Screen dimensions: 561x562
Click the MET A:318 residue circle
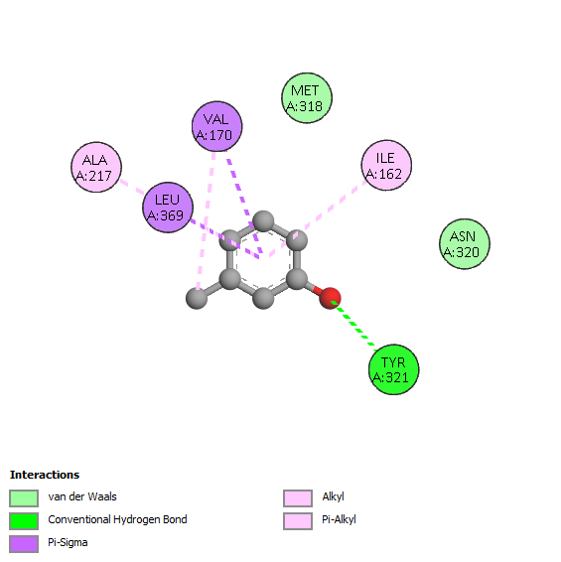tap(307, 98)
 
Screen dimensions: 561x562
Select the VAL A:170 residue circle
tap(216, 126)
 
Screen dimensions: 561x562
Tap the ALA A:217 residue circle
tap(96, 167)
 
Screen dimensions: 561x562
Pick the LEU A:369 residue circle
tap(168, 208)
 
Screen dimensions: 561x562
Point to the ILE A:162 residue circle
tap(386, 165)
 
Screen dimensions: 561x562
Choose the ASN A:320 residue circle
tap(465, 243)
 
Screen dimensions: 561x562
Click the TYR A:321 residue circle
tap(393, 369)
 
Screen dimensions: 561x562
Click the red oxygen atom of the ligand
tap(330, 298)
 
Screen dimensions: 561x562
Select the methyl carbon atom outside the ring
tap(197, 298)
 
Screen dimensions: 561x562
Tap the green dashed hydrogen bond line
tap(354, 326)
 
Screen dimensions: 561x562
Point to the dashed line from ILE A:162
tap(318, 218)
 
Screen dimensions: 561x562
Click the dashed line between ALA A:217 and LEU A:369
tap(132, 187)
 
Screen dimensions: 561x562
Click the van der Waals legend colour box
tap(24, 498)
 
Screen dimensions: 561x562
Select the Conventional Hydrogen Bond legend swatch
tap(24, 520)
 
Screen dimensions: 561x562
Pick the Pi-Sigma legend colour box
tap(24, 544)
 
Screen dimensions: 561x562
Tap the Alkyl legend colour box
tap(298, 498)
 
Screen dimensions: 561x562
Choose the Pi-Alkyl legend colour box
tap(298, 520)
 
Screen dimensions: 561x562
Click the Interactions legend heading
tap(45, 475)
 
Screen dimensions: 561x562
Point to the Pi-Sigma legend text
tap(68, 543)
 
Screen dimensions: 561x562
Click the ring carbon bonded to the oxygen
tap(297, 279)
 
